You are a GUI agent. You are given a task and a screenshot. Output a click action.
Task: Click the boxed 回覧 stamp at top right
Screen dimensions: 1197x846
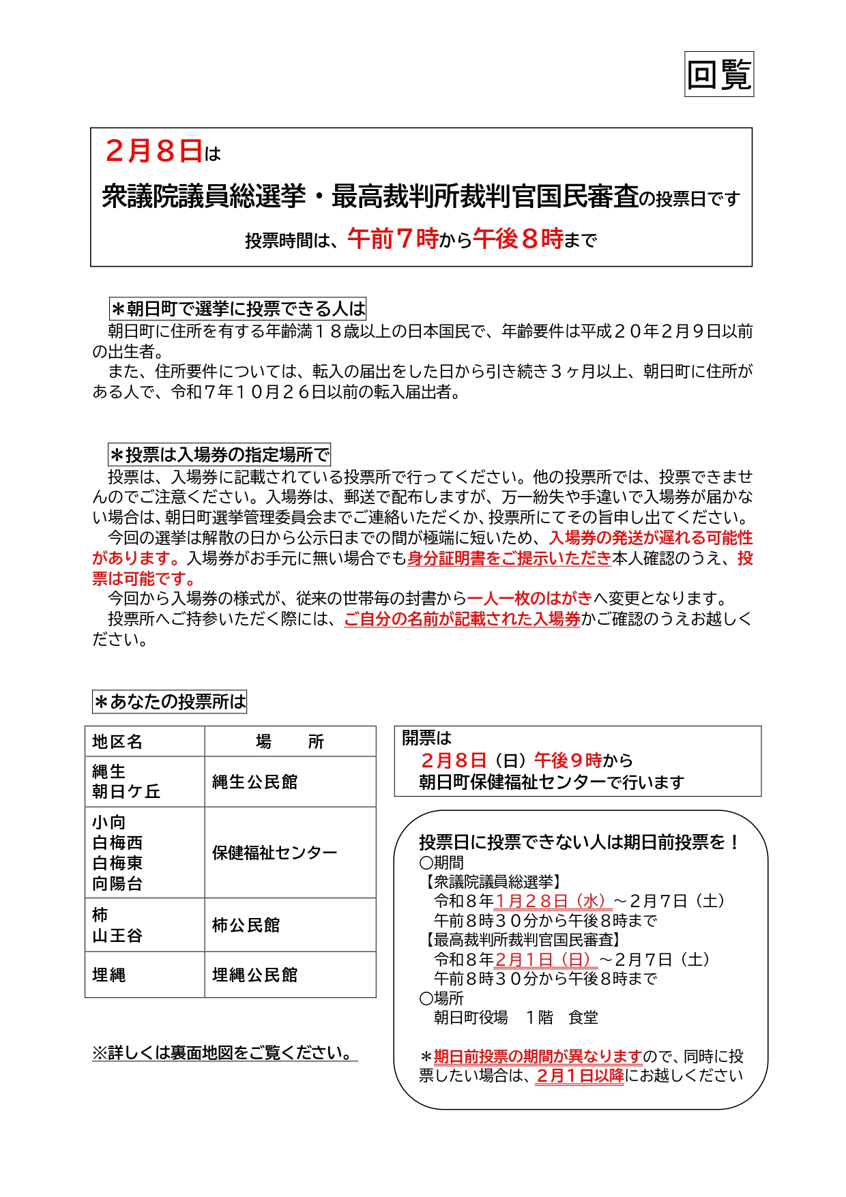click(718, 74)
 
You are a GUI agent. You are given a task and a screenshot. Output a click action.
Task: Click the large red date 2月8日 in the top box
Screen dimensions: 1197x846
click(154, 151)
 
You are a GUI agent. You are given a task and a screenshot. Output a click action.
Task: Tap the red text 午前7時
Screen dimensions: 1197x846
click(392, 239)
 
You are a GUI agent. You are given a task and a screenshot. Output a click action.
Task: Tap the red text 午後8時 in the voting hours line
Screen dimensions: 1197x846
click(518, 239)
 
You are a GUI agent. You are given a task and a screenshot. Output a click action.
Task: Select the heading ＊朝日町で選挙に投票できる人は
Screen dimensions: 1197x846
click(238, 309)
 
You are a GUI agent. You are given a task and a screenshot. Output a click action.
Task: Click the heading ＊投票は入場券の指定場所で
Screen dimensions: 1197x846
click(219, 455)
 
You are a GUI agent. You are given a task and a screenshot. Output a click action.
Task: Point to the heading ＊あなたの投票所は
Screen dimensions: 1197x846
click(169, 702)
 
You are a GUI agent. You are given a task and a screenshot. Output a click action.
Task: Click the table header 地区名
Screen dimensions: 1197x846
click(117, 741)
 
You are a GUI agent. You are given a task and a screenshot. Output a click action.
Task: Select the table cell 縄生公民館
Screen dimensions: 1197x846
click(255, 782)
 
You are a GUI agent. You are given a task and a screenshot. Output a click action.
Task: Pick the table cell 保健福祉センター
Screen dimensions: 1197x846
click(274, 853)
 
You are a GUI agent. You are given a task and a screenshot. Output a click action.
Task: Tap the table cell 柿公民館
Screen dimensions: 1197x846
click(246, 925)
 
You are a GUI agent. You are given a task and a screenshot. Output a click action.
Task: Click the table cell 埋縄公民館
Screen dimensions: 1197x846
click(255, 975)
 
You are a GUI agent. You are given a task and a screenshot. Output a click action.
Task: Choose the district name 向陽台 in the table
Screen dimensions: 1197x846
click(117, 884)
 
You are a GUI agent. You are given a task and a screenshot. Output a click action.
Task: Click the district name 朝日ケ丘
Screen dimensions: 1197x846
click(126, 791)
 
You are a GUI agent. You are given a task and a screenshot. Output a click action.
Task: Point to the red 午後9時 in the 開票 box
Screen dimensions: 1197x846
click(568, 760)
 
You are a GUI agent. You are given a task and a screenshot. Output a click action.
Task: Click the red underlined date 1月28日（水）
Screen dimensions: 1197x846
click(553, 901)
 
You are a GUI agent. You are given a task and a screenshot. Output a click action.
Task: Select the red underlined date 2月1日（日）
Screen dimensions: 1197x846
click(546, 960)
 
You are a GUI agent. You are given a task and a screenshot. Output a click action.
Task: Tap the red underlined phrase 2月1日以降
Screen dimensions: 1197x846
click(579, 1076)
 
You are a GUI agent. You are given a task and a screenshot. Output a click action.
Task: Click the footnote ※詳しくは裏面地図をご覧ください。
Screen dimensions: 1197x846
click(224, 1053)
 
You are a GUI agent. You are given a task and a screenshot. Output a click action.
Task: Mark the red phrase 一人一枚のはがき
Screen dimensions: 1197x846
click(529, 599)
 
